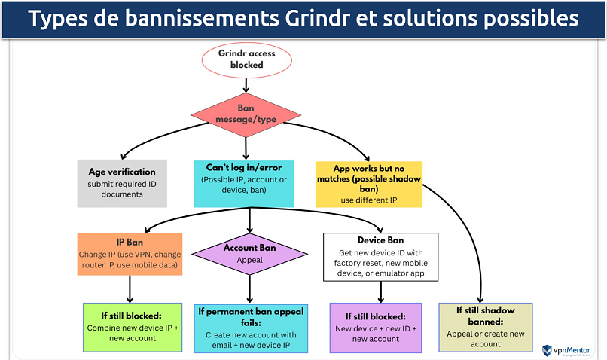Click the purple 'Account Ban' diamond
point(250,254)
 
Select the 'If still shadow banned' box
point(486,327)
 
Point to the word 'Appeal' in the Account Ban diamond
point(250,261)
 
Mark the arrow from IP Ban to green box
point(131,288)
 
